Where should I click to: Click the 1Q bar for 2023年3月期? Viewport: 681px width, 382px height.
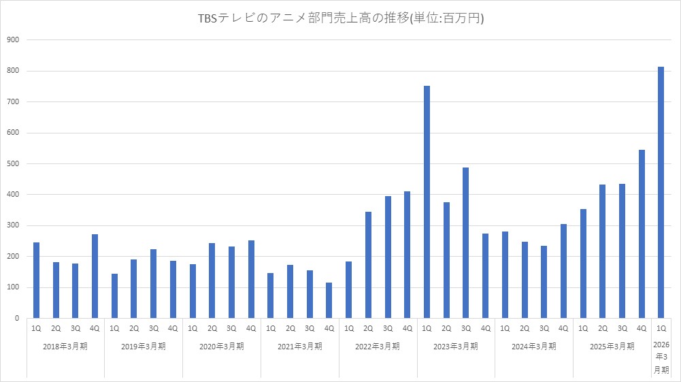pos(427,202)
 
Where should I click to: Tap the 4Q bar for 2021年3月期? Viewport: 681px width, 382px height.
pos(329,300)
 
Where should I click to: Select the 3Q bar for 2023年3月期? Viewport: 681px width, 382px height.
pos(466,243)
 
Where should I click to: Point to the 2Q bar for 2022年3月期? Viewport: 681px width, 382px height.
pos(368,265)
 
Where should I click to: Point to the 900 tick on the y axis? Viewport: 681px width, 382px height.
pos(13,40)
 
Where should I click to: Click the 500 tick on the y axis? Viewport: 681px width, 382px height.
pos(13,164)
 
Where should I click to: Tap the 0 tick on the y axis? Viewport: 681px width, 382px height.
pos(16,318)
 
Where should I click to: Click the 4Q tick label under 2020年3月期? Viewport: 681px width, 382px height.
pos(251,328)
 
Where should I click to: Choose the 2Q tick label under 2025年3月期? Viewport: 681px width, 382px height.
pos(602,328)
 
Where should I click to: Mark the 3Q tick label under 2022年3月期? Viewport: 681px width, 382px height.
pos(388,328)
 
